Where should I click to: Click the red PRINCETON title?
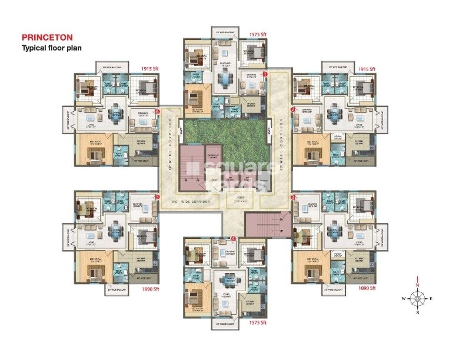pos(47,36)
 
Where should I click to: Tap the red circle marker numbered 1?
pos(265,75)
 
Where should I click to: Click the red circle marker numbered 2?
pos(292,109)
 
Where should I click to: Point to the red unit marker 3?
pos(292,198)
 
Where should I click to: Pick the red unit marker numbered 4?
pos(234,239)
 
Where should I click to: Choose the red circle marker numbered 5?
pos(157,197)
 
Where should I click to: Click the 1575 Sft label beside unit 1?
pos(258,35)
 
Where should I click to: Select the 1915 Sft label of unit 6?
pos(150,69)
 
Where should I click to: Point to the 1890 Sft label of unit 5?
pos(150,289)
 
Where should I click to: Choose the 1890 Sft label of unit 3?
pos(368,289)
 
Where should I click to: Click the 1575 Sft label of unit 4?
pos(258,323)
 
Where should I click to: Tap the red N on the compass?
pos(417,285)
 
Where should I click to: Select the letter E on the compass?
pos(431,299)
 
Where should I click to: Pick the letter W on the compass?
pos(403,299)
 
